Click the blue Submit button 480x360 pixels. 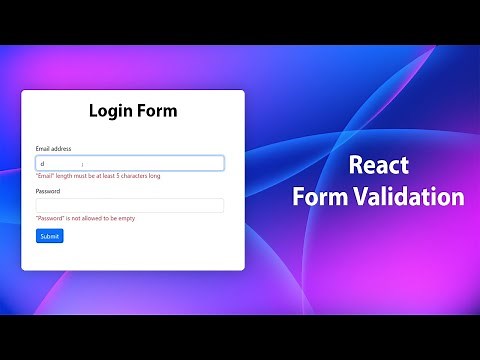(49, 236)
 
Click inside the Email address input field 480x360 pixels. (130, 163)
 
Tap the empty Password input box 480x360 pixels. (130, 205)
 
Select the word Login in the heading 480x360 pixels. (110, 110)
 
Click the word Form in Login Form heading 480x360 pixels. (157, 110)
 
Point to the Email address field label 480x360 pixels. (53, 149)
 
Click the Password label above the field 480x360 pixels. (48, 191)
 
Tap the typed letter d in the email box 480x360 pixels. (41, 163)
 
